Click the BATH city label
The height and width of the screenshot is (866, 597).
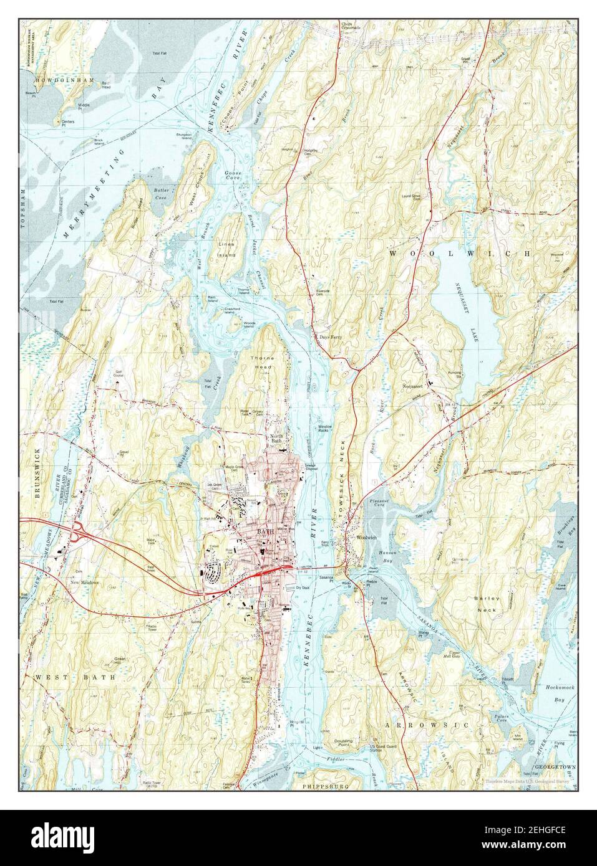(x=265, y=531)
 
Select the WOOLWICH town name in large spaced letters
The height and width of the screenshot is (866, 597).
(x=460, y=254)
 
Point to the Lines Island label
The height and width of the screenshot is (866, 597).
(x=226, y=250)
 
